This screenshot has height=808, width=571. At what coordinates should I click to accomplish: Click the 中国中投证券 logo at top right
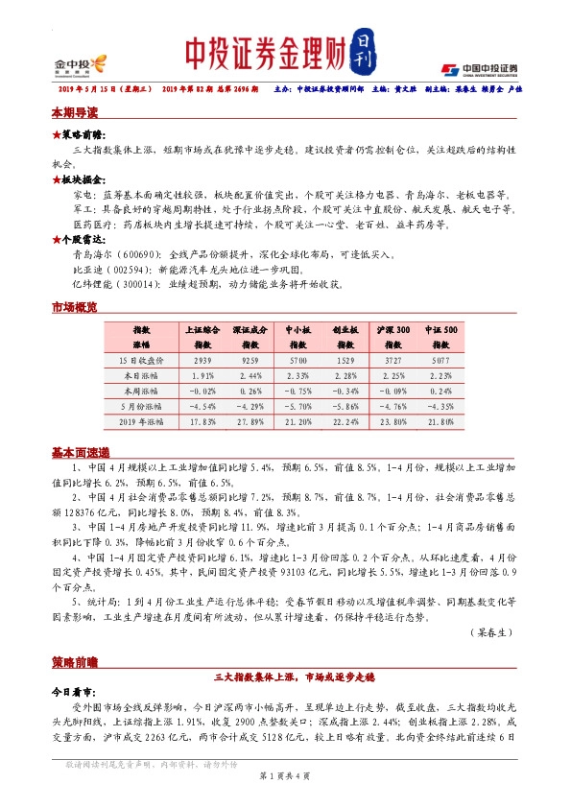click(480, 69)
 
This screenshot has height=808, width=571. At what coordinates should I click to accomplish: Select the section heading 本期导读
click(74, 113)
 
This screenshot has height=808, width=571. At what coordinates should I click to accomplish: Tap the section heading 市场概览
click(74, 308)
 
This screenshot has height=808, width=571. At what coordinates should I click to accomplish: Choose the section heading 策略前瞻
click(74, 663)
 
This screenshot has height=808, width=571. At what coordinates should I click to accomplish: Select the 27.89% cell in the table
click(250, 420)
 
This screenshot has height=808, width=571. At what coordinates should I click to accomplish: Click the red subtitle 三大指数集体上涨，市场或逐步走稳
click(285, 677)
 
